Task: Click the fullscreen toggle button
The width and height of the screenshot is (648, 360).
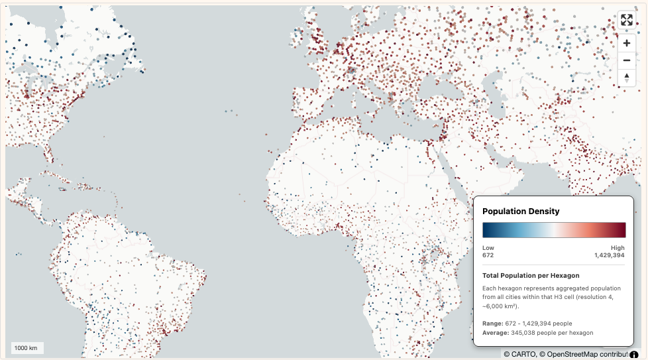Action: [627, 20]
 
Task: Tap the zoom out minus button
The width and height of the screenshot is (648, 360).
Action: [627, 60]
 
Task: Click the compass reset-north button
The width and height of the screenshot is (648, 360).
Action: [627, 78]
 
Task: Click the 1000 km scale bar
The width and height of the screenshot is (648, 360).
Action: [27, 348]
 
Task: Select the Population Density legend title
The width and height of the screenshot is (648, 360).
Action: [521, 211]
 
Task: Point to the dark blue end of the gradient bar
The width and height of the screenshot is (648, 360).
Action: [486, 230]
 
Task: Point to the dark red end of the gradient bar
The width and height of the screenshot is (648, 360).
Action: [622, 230]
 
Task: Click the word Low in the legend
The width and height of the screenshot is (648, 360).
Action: [488, 247]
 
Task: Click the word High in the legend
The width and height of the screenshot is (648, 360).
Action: [618, 247]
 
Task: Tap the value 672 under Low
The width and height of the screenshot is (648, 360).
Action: [488, 255]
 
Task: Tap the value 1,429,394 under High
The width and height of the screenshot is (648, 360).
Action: [609, 255]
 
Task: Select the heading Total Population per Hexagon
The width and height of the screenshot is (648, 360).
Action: [531, 275]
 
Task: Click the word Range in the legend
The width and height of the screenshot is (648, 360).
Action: [492, 323]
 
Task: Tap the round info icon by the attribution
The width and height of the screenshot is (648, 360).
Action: [634, 354]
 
